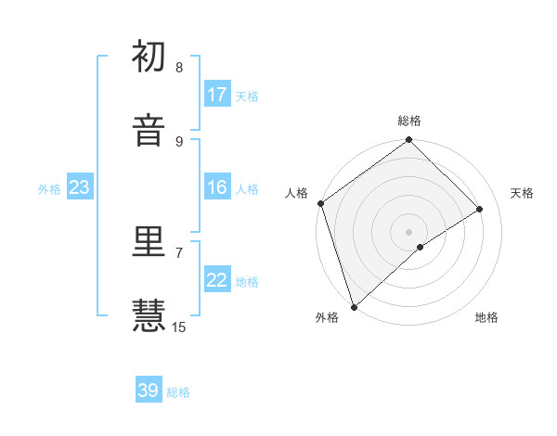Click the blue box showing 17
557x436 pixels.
[x=217, y=95]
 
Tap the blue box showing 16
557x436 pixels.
[x=217, y=187]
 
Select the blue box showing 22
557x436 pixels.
[x=217, y=280]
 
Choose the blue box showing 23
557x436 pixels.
[x=79, y=187]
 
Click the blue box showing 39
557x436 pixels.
[x=149, y=391]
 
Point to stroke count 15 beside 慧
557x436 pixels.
[x=179, y=327]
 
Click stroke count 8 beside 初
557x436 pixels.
[x=179, y=68]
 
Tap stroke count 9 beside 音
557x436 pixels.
[x=179, y=141]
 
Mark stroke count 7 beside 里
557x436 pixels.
[x=179, y=252]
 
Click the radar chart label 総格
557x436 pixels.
[x=409, y=122]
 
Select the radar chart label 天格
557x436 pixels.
[x=523, y=193]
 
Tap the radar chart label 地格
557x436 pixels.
[x=486, y=318]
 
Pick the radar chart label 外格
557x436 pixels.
[x=326, y=318]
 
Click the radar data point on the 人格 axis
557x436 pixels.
[x=320, y=203]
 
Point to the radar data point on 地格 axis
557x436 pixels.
[x=421, y=247]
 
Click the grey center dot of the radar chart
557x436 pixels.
[x=408, y=232]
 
